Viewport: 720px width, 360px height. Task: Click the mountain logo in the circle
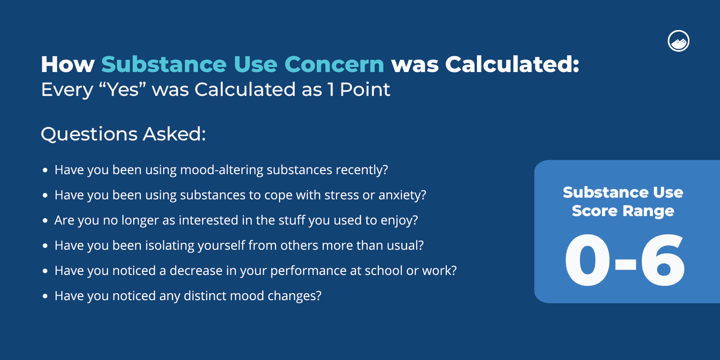tap(679, 41)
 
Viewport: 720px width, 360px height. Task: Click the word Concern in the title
tap(334, 64)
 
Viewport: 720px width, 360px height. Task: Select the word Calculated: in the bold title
tap(512, 64)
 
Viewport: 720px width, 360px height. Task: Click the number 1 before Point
tap(331, 90)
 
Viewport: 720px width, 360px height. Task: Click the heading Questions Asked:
tap(123, 134)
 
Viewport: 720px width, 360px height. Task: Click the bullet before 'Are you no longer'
tap(45, 221)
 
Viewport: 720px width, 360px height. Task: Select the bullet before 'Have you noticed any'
tap(45, 297)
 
